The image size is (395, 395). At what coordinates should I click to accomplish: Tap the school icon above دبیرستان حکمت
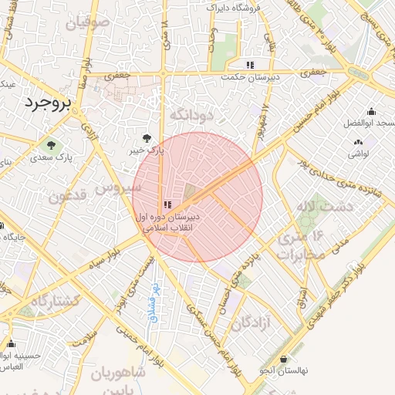(249, 65)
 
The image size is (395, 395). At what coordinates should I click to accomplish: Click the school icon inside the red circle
(167, 204)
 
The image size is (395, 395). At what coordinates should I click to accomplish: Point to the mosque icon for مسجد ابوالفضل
(371, 112)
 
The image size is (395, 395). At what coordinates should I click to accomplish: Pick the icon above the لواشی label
(358, 142)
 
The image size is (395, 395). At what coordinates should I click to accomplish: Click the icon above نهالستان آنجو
(284, 360)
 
